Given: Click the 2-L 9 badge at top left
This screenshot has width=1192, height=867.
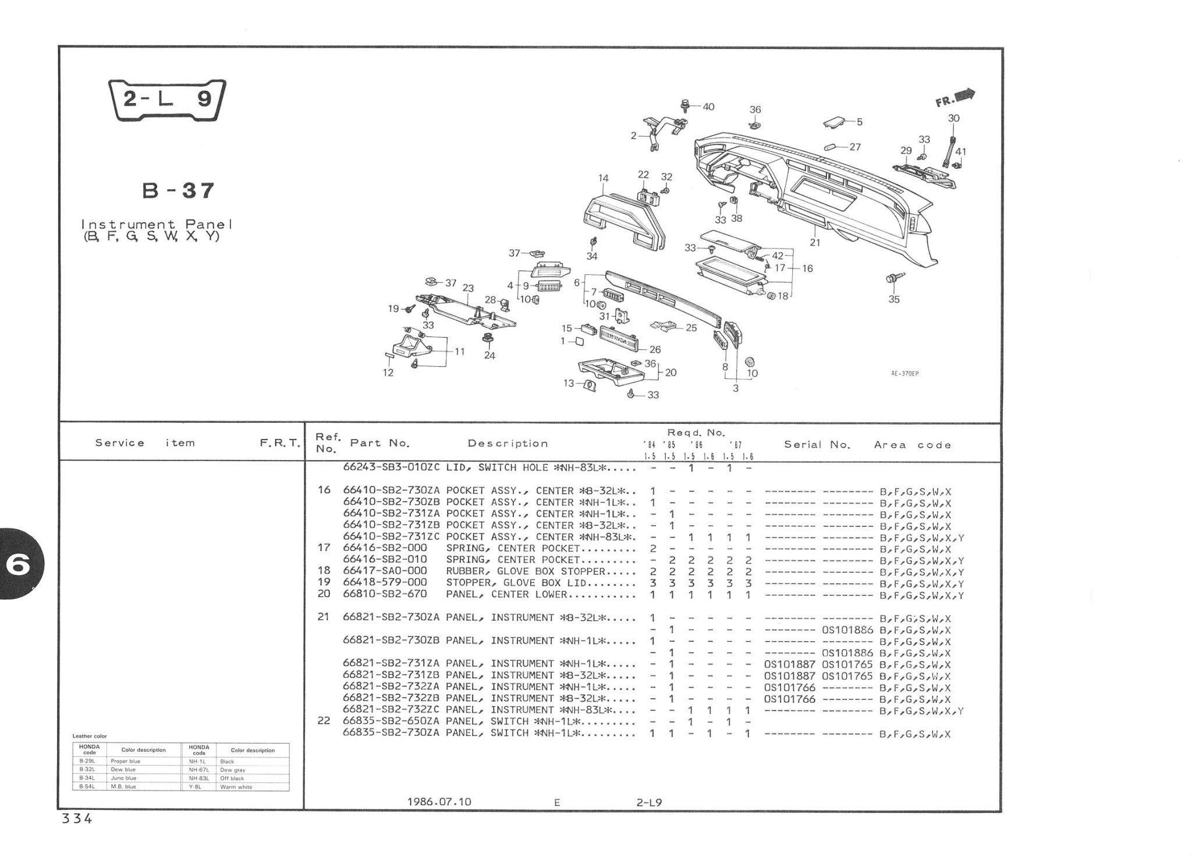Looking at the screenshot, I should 167,100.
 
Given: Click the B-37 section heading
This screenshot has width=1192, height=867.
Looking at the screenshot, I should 178,190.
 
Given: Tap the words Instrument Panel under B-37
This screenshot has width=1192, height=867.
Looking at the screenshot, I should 157,224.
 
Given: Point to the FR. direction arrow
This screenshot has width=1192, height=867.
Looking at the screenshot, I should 955,98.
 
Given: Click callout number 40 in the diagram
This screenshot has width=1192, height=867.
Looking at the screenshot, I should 708,107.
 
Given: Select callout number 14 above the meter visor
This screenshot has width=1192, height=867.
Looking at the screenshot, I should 603,178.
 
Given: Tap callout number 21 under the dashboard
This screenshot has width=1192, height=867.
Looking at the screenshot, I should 815,242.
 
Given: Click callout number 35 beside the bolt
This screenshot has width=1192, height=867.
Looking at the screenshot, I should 894,299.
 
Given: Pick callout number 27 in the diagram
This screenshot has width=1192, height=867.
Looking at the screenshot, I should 854,147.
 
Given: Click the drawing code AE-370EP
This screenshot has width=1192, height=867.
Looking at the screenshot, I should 904,374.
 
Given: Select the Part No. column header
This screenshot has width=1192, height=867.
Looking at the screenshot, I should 379,443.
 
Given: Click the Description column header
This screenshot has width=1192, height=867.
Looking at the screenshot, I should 508,444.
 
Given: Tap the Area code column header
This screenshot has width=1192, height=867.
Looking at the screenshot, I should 912,445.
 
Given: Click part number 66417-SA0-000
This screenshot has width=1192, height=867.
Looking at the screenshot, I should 385,571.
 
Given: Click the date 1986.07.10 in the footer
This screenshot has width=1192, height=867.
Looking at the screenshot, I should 439,802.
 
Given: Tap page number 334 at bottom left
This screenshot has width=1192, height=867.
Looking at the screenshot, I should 77,819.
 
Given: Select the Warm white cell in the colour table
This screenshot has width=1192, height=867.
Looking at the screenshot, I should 236,787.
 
